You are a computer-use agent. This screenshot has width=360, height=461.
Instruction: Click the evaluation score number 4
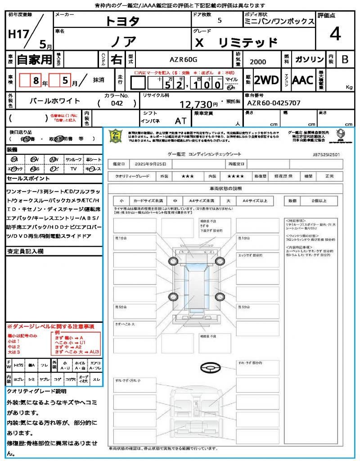tap(334, 34)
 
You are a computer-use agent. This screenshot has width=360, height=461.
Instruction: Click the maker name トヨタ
tap(122, 21)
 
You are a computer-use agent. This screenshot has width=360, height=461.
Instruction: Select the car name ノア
tap(123, 41)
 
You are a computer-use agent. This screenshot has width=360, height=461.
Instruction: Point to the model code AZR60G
tap(183, 59)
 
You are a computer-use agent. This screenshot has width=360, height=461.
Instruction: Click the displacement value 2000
tap(258, 62)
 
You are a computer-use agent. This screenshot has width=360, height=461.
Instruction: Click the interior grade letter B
tap(345, 59)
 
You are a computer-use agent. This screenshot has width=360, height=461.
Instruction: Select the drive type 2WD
tap(266, 80)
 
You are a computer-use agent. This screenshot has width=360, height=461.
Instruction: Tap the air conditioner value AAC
tap(302, 80)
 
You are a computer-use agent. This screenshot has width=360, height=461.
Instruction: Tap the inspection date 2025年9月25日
tap(151, 163)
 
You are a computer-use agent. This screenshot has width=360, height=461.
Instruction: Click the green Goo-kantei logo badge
tap(116, 136)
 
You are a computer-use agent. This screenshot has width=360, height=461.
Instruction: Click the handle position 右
tap(116, 59)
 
